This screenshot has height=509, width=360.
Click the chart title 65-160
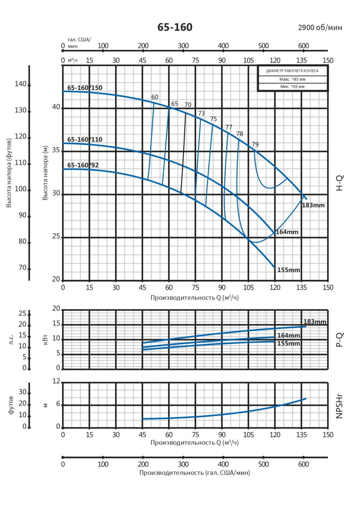pos(175,27)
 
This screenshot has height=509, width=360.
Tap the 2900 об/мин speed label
pos(320,27)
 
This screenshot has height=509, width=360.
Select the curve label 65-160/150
pos(85,88)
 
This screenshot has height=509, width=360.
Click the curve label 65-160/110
pos(85,139)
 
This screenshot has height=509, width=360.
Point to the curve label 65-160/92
pos(83,165)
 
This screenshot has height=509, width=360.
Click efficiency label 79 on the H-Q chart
pos(255,144)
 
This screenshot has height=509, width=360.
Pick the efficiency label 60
pos(155,97)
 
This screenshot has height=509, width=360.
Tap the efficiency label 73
pos(201,113)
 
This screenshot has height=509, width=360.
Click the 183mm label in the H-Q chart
pos(313,205)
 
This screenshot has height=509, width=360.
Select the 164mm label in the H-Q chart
pos(287,232)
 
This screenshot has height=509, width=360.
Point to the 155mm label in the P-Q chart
pos(289,344)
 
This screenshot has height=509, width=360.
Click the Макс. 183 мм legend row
pos(292,79)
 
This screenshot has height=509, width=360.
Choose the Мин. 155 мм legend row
pos(292,87)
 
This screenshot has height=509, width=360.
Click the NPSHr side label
pos(339,406)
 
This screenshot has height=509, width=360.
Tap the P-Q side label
pos(339,340)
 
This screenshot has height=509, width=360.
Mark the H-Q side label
pos(339,183)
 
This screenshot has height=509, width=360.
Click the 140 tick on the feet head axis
pos(20,84)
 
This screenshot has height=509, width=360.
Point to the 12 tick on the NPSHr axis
pos(56,381)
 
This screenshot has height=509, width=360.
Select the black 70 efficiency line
pos(183,152)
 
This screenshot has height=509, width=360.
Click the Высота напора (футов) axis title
pos(9,173)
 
